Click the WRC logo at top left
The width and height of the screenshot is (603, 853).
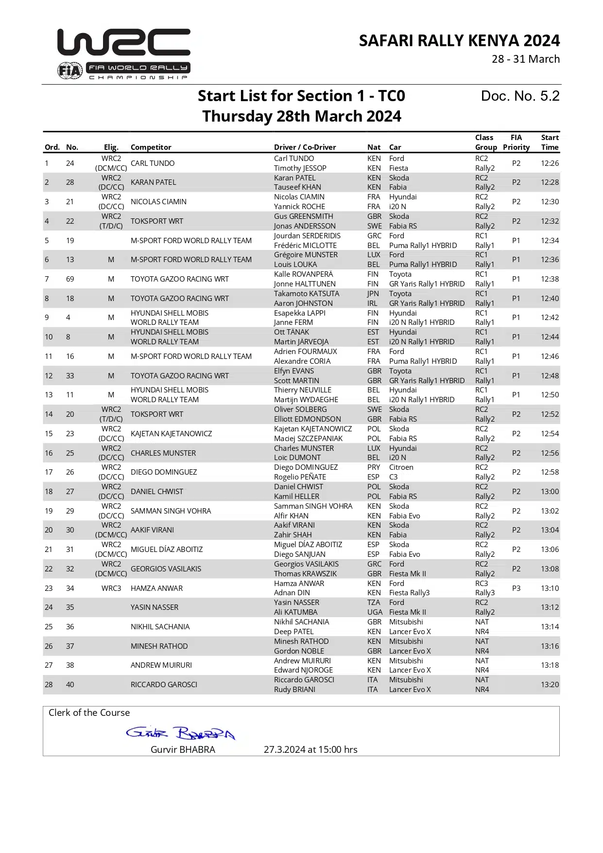click(x=124, y=43)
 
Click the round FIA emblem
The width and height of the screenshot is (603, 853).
click(x=69, y=71)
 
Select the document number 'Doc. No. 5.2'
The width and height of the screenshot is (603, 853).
click(x=520, y=96)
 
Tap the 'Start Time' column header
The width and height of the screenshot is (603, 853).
click(x=550, y=142)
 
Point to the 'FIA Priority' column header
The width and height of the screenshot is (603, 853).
click(x=516, y=142)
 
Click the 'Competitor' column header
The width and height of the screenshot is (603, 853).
click(x=151, y=147)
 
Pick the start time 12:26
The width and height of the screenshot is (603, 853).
click(x=550, y=163)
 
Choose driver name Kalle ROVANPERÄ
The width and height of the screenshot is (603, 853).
click(x=303, y=274)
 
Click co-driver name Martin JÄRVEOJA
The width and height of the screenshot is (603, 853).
click(x=301, y=342)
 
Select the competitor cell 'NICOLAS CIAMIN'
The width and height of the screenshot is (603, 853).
click(x=158, y=202)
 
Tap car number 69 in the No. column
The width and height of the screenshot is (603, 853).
click(x=70, y=279)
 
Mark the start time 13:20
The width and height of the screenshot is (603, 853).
click(x=550, y=685)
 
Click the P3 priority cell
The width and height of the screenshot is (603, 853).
click(x=516, y=588)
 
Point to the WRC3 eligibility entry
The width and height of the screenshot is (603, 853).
click(x=111, y=588)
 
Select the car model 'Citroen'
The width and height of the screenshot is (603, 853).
click(x=401, y=467)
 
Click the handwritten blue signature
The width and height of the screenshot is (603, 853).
click(x=180, y=733)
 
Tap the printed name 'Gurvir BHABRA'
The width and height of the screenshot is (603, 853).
click(x=183, y=749)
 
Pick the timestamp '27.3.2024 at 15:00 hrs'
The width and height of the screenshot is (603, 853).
click(x=310, y=749)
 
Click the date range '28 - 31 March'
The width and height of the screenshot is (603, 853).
click(x=526, y=59)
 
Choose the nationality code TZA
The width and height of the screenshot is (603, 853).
click(x=374, y=603)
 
